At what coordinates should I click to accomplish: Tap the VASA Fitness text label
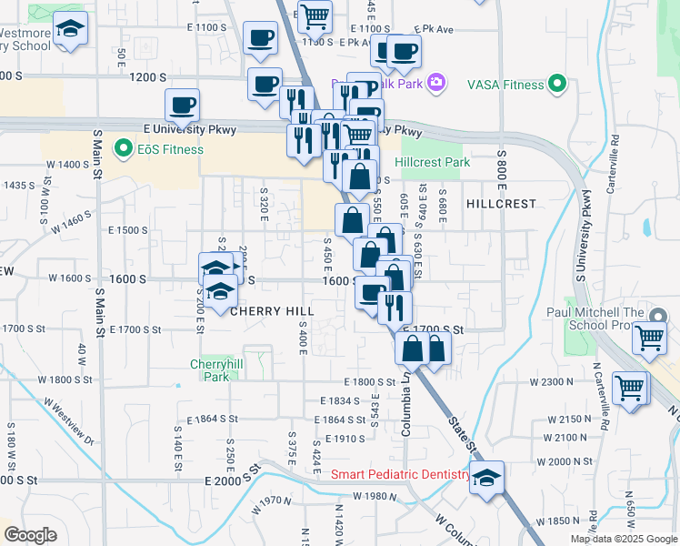tap(505, 85)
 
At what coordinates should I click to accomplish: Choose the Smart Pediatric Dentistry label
tap(400, 474)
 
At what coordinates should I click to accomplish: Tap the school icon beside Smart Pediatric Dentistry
tap(486, 477)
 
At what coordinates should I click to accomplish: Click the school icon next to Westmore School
tap(70, 30)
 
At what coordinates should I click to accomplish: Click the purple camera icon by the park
tap(436, 83)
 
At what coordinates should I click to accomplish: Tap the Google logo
tap(30, 535)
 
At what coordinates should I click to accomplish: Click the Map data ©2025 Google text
tap(624, 539)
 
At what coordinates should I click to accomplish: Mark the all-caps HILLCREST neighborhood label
tap(501, 204)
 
